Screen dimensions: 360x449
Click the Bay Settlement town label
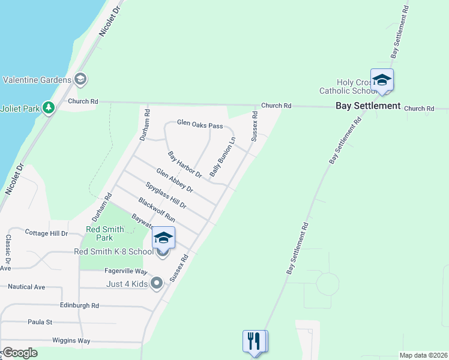[x=367, y=106]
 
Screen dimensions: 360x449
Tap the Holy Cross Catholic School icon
[x=382, y=80]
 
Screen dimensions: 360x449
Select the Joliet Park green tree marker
[x=49, y=108]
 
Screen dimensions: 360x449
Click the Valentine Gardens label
[x=37, y=79]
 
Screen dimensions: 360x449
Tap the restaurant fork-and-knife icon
[x=255, y=342]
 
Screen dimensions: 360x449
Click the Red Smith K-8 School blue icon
[x=163, y=238]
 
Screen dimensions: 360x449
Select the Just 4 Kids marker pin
[x=157, y=283]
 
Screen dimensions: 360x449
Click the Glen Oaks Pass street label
[x=200, y=125]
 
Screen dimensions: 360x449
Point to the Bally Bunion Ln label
[x=222, y=157]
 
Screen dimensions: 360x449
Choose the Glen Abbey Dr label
[x=174, y=180]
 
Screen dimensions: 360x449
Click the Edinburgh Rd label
[x=79, y=305]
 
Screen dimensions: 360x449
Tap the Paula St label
[x=40, y=322]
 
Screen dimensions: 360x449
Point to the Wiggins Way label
[x=71, y=340]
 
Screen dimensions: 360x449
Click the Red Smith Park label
[x=105, y=233]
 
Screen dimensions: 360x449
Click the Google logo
[x=20, y=352]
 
